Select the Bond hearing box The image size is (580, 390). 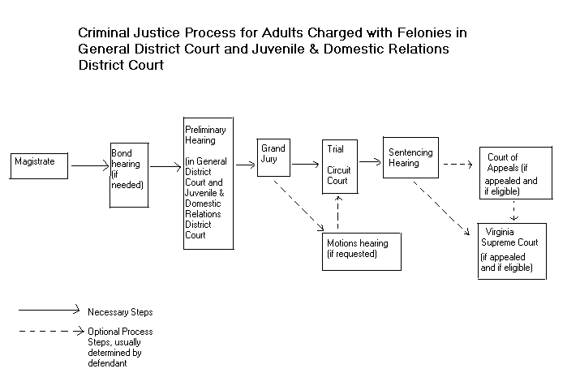point(130,174)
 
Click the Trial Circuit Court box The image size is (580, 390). point(340,166)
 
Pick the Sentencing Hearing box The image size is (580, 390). point(410,157)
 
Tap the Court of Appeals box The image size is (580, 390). point(515,171)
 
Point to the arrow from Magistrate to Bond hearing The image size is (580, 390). point(89,167)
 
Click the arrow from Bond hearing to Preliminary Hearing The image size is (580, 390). point(166,167)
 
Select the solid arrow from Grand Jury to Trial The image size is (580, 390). point(304,164)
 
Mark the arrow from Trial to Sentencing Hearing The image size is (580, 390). point(371,161)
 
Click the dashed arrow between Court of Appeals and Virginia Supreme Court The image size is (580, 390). point(513,210)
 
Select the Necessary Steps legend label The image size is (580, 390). point(120,311)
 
